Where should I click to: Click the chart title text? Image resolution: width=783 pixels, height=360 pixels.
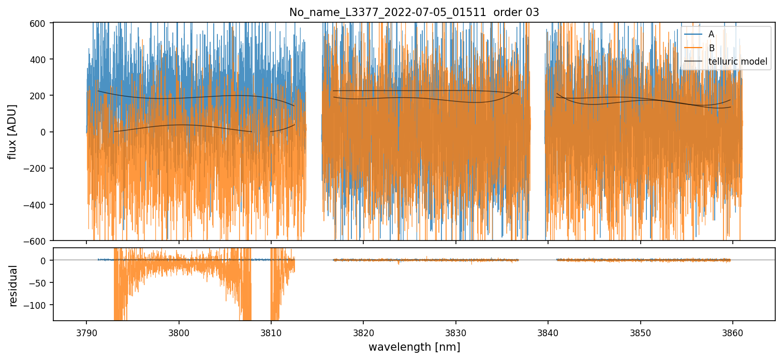tap(414, 12)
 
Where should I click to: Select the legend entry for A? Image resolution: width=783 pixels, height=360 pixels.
tap(711, 34)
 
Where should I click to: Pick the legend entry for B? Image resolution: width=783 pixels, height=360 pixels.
tap(711, 48)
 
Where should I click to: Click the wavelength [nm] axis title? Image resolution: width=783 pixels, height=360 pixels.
tap(414, 347)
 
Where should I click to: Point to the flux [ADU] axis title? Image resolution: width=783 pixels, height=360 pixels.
tap(12, 131)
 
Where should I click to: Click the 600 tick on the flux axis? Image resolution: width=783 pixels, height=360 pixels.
tap(40, 23)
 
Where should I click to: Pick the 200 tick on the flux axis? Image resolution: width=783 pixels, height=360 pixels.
tap(40, 96)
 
